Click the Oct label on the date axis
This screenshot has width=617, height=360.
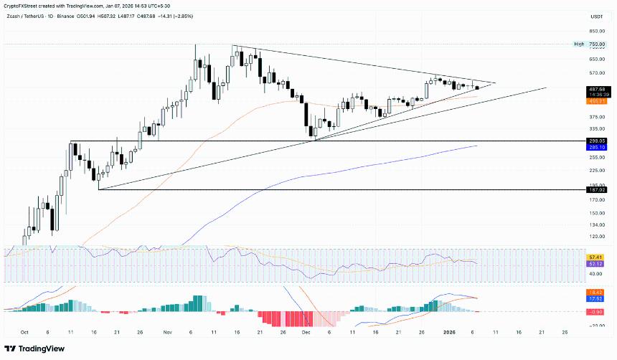point(25,333)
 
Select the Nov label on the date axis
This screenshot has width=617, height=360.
point(167,333)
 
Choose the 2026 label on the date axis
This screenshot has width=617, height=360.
point(449,333)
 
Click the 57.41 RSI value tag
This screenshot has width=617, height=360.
point(595,257)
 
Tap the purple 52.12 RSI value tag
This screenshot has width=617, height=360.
point(595,263)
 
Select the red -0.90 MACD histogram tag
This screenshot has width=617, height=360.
point(595,311)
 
